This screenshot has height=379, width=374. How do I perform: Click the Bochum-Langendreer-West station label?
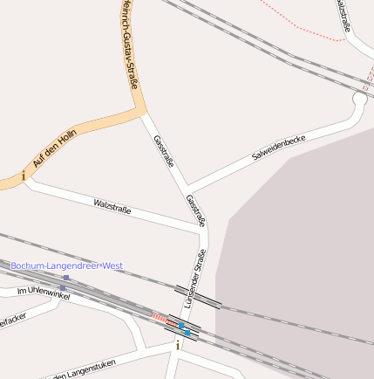66,265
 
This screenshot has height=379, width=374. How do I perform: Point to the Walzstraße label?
112,207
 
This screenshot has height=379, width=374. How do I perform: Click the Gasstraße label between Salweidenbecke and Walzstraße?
165,150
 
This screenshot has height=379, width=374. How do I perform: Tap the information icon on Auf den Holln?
23,176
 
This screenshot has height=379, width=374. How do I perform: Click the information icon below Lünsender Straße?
179,345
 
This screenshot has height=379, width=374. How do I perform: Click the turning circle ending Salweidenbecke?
358,100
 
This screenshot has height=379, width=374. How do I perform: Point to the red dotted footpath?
305,26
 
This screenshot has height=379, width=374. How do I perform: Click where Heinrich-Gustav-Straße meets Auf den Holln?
141,112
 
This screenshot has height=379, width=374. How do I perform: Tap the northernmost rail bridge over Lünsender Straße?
198,295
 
